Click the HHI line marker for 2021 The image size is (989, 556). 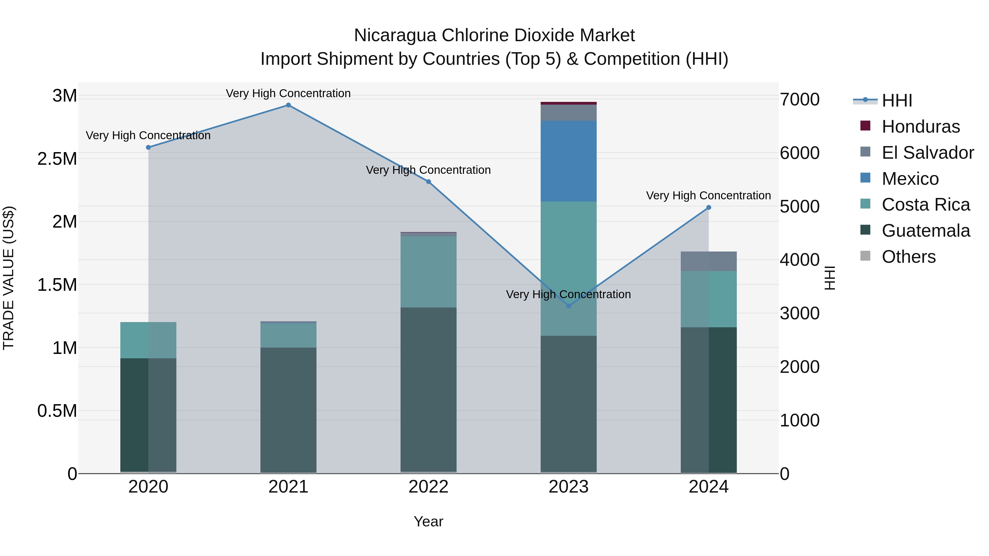tap(288, 105)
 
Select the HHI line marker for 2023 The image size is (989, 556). tap(569, 306)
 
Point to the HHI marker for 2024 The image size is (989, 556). tap(709, 208)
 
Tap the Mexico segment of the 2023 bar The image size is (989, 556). tap(569, 161)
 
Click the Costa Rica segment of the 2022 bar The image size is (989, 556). tap(429, 272)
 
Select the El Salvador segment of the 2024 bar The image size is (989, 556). tap(709, 261)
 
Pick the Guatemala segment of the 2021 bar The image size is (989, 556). tap(288, 410)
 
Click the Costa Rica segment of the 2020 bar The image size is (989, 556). tap(148, 340)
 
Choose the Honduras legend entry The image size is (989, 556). tap(921, 127)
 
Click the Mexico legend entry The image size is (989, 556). tap(910, 179)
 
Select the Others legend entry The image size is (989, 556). tap(909, 257)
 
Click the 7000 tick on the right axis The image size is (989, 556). tap(799, 99)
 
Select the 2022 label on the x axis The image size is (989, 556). tap(429, 487)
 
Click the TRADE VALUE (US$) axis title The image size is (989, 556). tap(9, 278)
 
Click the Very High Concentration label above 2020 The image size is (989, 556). tap(148, 135)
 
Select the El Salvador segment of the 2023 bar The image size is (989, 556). tap(569, 113)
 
